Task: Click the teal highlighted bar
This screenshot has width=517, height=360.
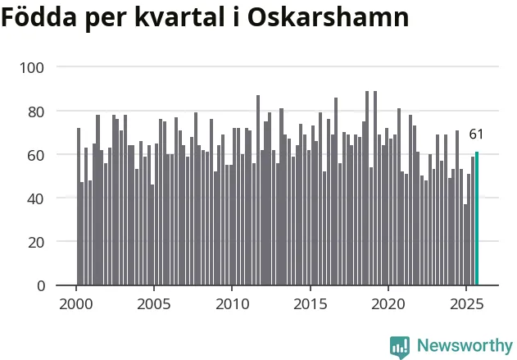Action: click(x=477, y=218)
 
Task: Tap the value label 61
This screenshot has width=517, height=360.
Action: click(x=477, y=134)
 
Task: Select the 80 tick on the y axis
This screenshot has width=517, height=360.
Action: click(x=38, y=111)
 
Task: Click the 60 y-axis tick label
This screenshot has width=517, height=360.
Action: click(x=38, y=154)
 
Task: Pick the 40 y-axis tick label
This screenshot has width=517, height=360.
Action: click(x=38, y=198)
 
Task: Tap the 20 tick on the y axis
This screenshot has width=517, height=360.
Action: click(x=38, y=242)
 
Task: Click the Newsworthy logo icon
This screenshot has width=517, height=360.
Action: click(x=400, y=346)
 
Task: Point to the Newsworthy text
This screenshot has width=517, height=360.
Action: click(x=464, y=345)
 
